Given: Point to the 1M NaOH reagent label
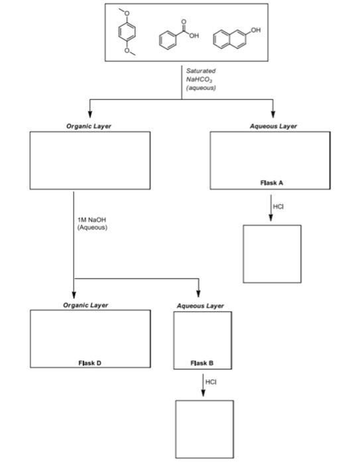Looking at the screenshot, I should [92, 223].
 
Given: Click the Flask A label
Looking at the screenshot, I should [270, 182].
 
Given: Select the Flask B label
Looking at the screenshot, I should [202, 363].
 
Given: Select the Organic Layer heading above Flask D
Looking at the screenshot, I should [86, 305].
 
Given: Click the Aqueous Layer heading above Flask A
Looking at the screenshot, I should [273, 126].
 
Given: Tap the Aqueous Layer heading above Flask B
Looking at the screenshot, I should [201, 306].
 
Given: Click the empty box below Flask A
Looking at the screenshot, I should [271, 255].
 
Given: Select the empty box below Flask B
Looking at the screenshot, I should [204, 429].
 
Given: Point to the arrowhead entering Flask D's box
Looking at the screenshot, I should [74, 296].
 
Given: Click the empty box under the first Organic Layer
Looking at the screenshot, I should [90, 160].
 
